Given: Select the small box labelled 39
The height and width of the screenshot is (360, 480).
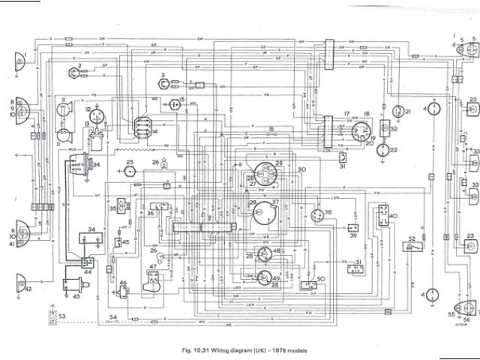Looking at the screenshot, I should (x=352, y=227).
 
